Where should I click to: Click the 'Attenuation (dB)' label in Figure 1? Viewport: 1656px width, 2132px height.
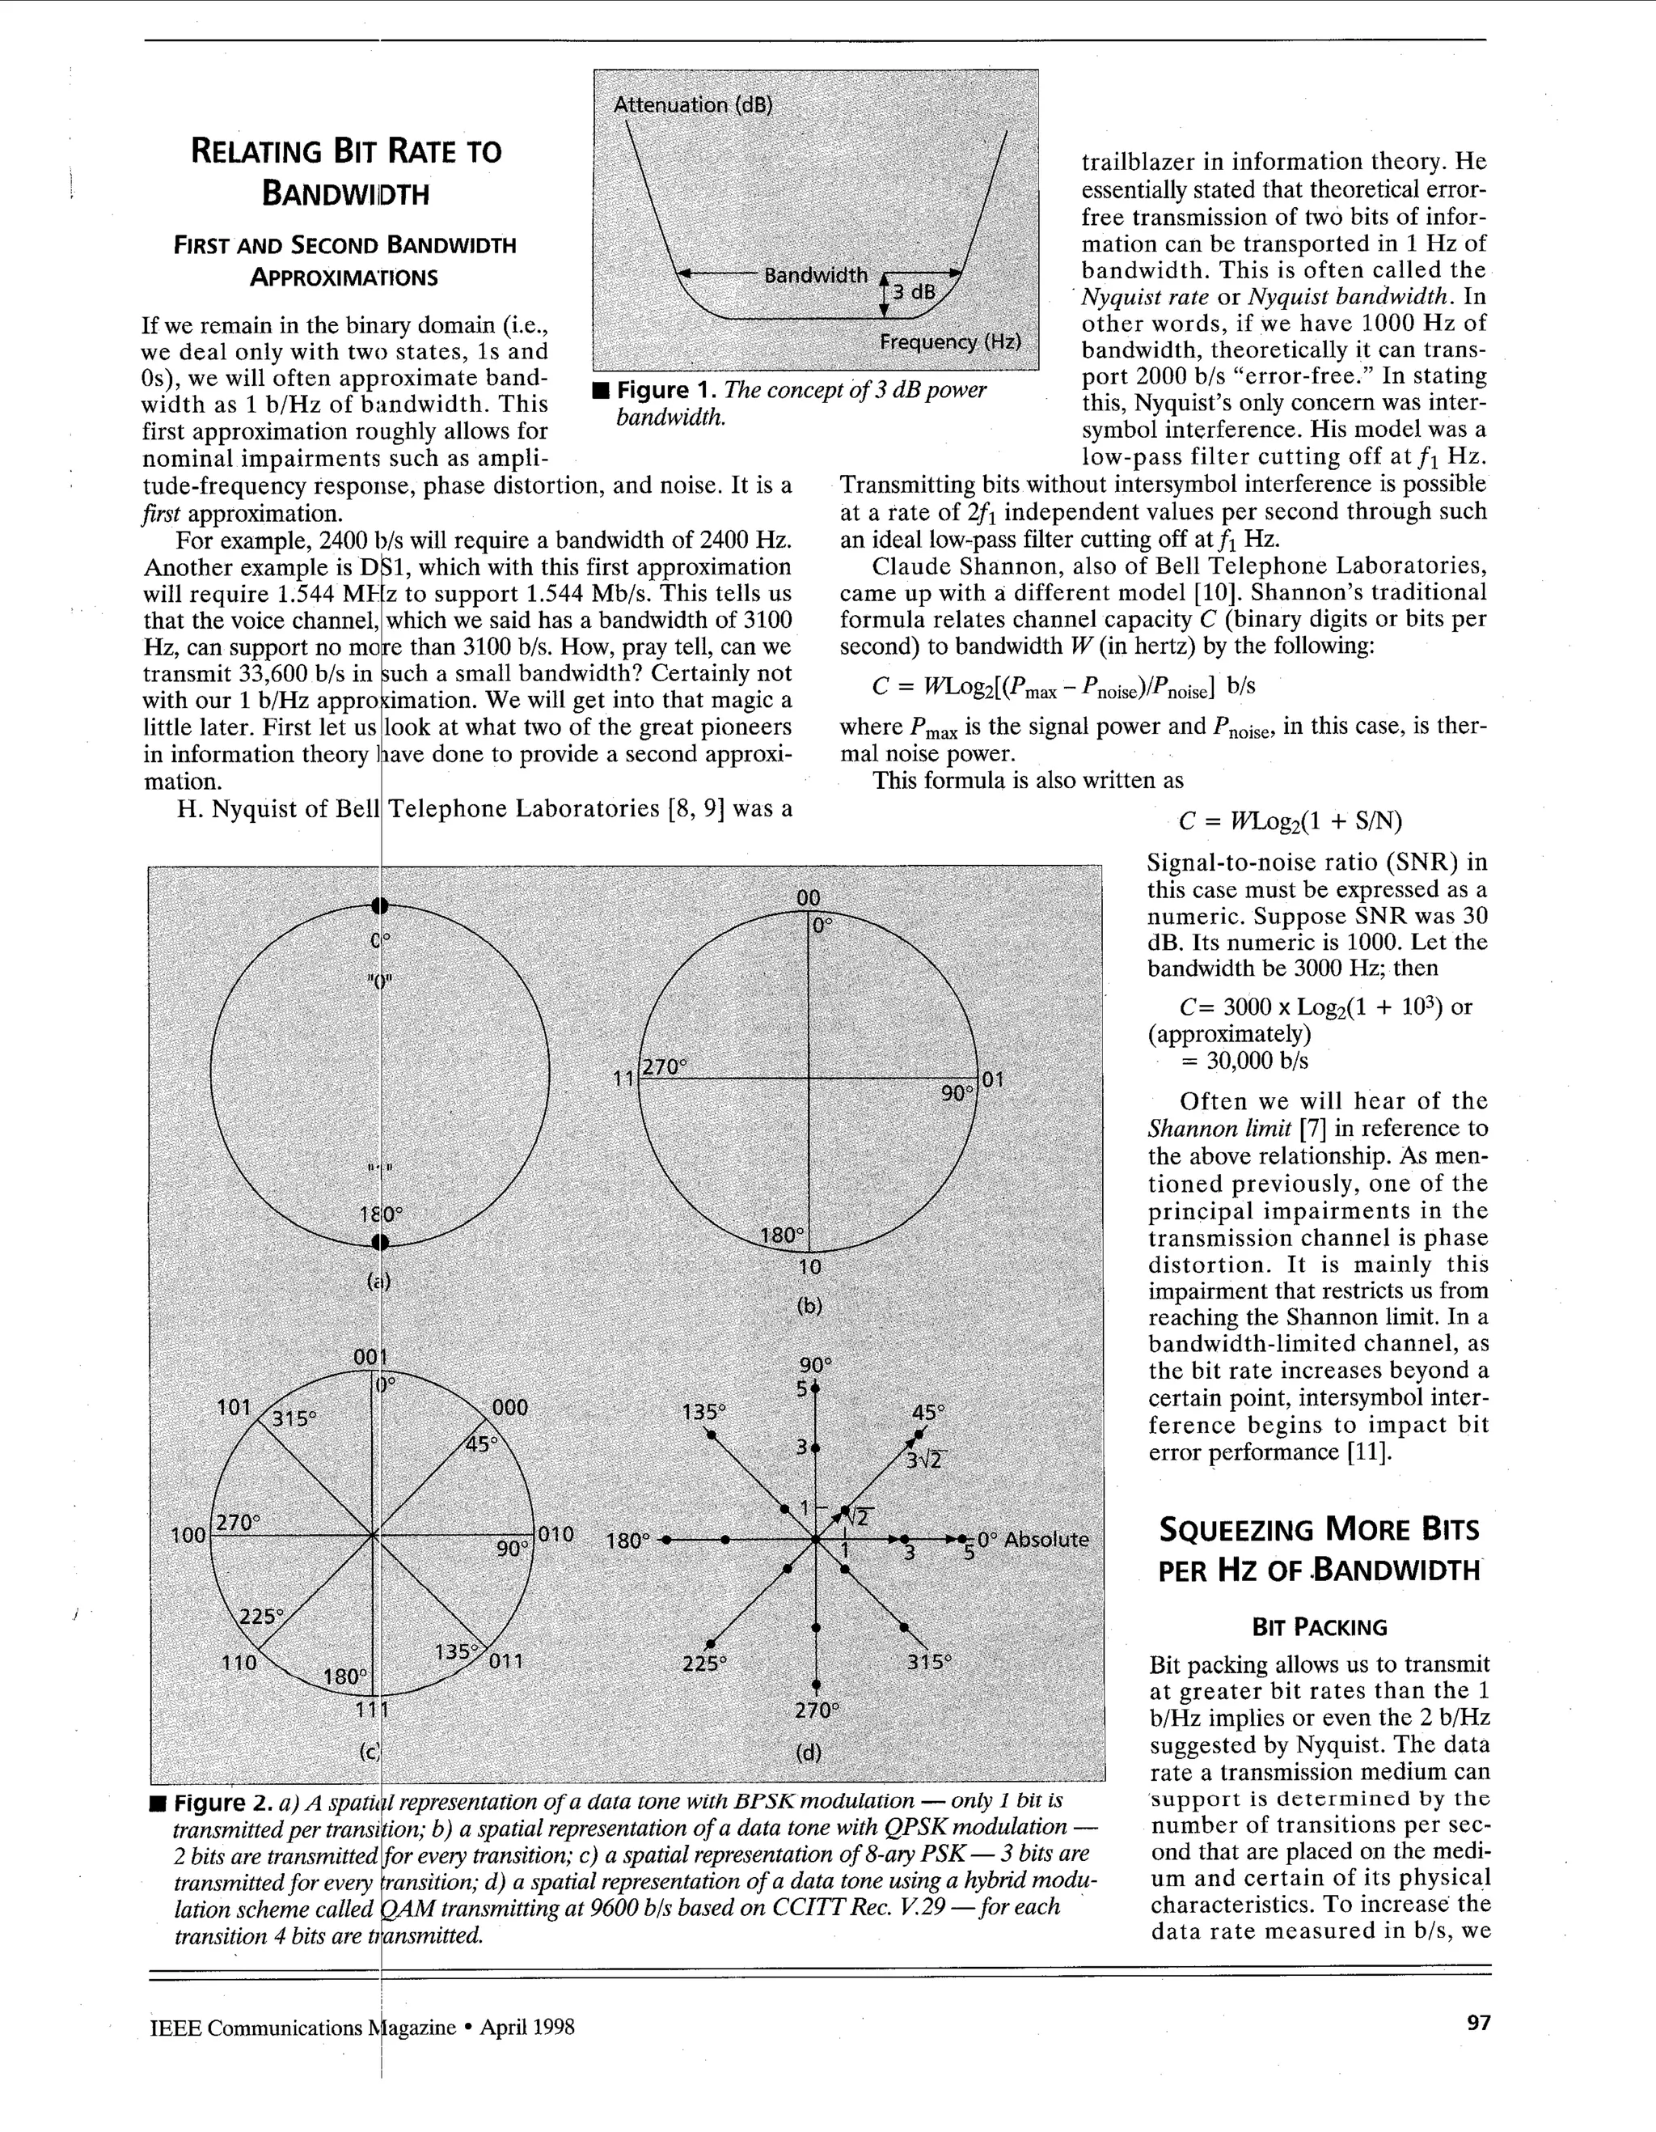[x=693, y=104]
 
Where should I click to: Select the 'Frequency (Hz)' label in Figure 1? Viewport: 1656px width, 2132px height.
[x=950, y=341]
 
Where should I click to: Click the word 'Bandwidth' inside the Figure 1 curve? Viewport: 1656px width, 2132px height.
[x=815, y=275]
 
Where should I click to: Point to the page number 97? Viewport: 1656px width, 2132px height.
[x=1478, y=2023]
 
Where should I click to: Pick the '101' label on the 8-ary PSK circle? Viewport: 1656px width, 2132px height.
[x=234, y=1407]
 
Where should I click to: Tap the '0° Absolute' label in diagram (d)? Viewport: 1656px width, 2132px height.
[x=1033, y=1540]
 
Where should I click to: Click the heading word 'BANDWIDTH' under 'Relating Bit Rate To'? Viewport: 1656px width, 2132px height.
[x=345, y=193]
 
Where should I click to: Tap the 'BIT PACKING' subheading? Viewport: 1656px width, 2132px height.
[x=1320, y=1626]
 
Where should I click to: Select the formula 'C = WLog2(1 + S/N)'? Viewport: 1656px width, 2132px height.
[x=1290, y=821]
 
